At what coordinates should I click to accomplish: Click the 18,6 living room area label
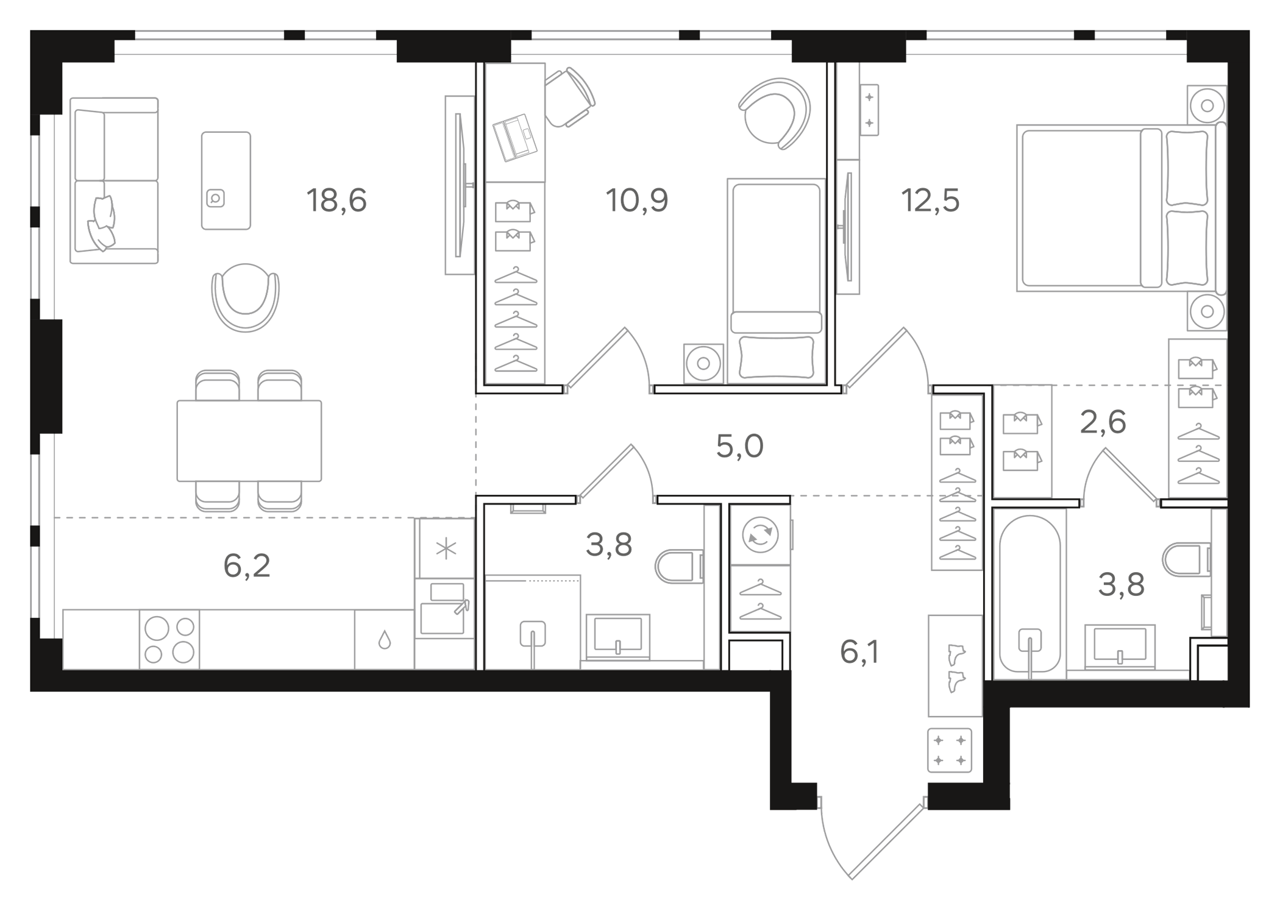click(x=336, y=200)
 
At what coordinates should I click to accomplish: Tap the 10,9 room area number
click(x=636, y=200)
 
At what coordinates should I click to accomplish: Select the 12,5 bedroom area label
click(x=930, y=200)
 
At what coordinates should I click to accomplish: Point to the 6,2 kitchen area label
click(x=246, y=566)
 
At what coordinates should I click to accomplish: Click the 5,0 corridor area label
click(x=739, y=447)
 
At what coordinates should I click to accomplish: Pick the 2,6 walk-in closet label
click(x=1103, y=422)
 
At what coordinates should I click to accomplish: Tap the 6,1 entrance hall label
click(x=859, y=653)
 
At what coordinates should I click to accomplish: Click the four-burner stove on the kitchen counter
click(x=169, y=639)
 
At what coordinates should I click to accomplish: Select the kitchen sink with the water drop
click(x=384, y=639)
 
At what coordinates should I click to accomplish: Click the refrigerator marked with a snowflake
click(x=446, y=548)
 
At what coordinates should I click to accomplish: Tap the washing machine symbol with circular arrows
click(x=760, y=535)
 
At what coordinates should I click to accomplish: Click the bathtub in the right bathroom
click(x=1029, y=594)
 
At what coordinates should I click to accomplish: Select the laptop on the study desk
click(x=515, y=137)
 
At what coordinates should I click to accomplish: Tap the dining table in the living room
click(x=249, y=441)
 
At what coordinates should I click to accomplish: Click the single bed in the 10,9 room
click(x=776, y=280)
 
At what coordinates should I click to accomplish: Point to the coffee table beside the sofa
click(x=226, y=180)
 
